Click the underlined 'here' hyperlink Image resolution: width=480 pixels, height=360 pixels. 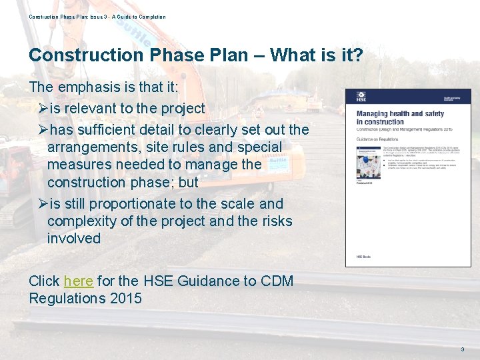click(x=78, y=281)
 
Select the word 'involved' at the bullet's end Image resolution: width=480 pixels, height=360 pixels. click(x=73, y=239)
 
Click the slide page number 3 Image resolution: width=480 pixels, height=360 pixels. click(x=462, y=349)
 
